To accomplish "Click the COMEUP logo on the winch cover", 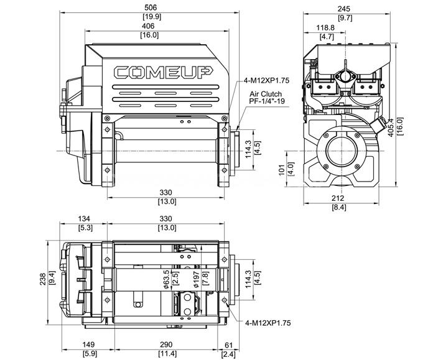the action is (163, 73).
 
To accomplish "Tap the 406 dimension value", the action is (148, 26).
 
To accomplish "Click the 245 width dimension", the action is (344, 9).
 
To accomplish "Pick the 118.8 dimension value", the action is (325, 27).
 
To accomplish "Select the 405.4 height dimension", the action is (391, 127).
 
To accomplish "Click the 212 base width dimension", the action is (338, 198).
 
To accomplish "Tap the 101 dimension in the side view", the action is (282, 170).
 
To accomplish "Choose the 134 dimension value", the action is (84, 219).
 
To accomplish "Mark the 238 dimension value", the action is (43, 279).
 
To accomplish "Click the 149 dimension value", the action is (88, 344).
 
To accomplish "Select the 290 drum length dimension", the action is (166, 344).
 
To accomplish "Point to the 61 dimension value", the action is (228, 345).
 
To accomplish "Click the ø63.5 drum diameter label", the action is (167, 279).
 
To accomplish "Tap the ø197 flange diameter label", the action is (196, 279).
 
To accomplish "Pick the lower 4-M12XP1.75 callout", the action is (268, 323).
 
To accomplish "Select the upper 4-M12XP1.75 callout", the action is (266, 81).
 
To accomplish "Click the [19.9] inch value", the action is (152, 17).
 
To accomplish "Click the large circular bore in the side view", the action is (341, 151).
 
